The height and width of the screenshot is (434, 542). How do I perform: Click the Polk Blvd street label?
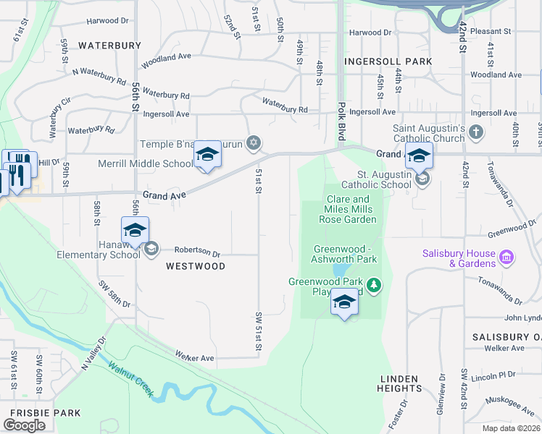click(x=341, y=121)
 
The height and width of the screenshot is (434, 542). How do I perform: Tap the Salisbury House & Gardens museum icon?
click(x=506, y=257)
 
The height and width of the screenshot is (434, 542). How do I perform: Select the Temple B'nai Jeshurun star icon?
click(x=253, y=141)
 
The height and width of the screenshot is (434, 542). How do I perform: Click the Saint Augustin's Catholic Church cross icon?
click(x=475, y=132)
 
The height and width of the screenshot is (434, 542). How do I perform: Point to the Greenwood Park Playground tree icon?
click(x=374, y=285)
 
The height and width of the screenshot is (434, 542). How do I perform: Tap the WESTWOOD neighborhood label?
click(x=196, y=266)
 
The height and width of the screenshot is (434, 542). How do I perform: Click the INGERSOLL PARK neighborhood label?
click(x=388, y=62)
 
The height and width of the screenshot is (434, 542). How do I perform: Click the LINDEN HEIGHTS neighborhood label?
click(x=399, y=383)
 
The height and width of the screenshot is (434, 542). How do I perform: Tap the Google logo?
click(x=25, y=425)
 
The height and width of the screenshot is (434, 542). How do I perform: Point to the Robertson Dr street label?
click(x=196, y=252)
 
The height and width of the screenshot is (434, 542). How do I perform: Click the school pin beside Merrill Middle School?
click(x=207, y=156)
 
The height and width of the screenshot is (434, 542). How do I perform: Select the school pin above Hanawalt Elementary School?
click(x=135, y=231)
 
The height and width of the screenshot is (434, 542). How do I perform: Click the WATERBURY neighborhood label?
click(x=109, y=45)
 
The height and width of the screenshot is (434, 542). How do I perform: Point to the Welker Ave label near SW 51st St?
click(x=195, y=357)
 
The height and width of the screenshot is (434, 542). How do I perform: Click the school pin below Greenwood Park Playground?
click(x=344, y=302)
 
